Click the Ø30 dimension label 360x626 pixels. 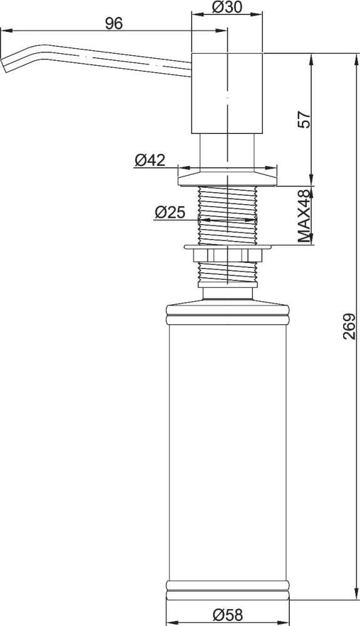(227, 7)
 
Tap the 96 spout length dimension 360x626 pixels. (114, 24)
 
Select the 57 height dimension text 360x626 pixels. (304, 119)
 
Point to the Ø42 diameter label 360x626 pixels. (150, 160)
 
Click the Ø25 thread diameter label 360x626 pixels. (170, 212)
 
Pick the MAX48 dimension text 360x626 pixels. (304, 216)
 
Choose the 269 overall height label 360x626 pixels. (349, 326)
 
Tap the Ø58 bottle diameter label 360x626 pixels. (227, 615)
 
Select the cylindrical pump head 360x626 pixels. (227, 93)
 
